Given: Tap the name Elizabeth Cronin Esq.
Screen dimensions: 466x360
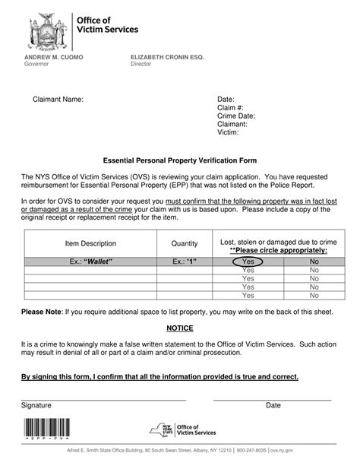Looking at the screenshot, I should [162, 58].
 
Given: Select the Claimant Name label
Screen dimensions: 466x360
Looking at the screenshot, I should [58, 100].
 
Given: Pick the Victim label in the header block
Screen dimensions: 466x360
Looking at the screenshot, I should [228, 132].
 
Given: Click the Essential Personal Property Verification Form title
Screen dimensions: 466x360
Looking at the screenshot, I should [180, 160].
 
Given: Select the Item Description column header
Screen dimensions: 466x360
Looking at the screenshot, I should [90, 243].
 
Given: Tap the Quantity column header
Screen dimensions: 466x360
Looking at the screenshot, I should [184, 243].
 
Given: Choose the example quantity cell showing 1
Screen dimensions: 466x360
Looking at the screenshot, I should [184, 262].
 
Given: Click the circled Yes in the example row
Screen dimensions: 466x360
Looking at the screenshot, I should [248, 262].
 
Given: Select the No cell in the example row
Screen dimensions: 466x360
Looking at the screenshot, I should [314, 262].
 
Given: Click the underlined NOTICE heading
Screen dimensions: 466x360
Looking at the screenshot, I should [180, 328].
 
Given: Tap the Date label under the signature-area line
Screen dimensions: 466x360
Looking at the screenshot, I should [273, 405].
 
